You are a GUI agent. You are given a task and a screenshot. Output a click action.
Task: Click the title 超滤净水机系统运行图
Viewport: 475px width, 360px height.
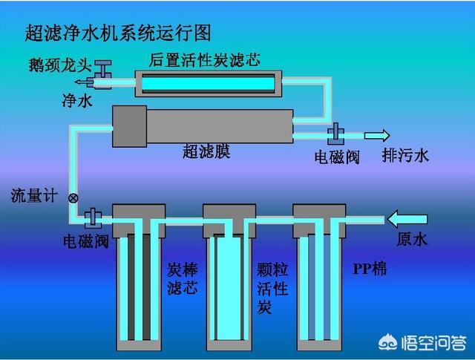click(x=118, y=33)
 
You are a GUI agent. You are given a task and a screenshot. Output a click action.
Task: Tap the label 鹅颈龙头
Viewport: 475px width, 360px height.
click(x=60, y=65)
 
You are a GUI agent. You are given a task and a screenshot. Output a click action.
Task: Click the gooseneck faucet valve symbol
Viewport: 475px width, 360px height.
click(x=102, y=74)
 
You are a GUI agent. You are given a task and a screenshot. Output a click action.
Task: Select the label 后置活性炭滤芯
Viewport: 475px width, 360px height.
click(x=204, y=60)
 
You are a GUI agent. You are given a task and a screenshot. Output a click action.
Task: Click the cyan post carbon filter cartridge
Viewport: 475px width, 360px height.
click(x=208, y=83)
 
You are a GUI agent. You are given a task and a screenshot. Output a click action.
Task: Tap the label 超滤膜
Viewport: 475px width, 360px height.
click(x=206, y=151)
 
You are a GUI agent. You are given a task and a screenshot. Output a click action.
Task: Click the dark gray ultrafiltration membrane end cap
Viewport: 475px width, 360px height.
click(x=130, y=126)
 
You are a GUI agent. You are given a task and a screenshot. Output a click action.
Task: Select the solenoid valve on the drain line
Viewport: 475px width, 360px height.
click(x=335, y=134)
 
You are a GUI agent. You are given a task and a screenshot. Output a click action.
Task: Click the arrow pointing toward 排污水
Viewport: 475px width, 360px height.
click(x=377, y=135)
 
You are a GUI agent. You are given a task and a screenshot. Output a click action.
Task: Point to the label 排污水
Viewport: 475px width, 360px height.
click(x=405, y=156)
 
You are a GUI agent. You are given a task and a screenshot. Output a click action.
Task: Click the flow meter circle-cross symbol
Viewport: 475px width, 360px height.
click(x=73, y=198)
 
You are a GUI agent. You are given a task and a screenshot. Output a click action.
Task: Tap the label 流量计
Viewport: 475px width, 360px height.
click(x=34, y=195)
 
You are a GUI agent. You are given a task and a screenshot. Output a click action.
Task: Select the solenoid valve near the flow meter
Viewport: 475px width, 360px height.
click(x=93, y=218)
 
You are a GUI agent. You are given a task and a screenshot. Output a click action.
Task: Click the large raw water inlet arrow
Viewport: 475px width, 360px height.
click(x=407, y=219)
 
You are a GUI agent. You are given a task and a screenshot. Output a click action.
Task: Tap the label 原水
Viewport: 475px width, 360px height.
click(x=412, y=239)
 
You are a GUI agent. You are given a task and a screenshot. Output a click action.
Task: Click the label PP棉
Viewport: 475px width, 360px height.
click(x=370, y=269)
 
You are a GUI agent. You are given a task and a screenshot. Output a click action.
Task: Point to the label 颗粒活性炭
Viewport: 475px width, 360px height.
click(x=272, y=288)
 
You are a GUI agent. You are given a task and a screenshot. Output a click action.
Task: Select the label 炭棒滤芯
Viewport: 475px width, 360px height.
click(x=183, y=278)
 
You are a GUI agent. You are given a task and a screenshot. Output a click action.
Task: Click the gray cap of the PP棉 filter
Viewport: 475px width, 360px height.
click(x=319, y=221)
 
